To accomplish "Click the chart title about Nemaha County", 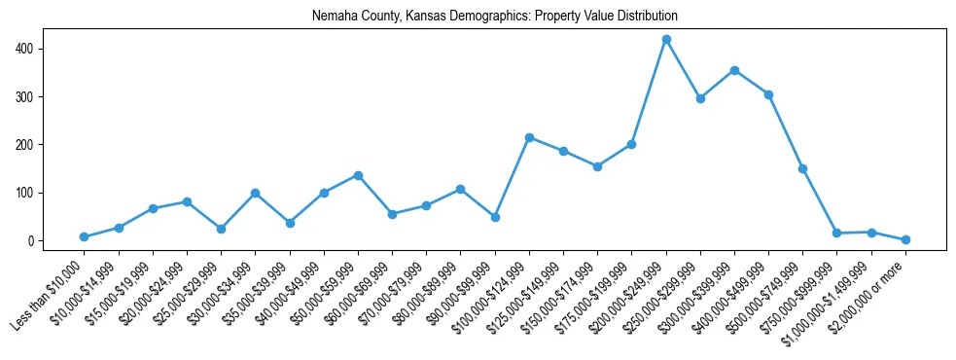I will click(494, 17).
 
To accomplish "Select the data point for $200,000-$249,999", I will click(666, 40).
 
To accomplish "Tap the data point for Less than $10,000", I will click(85, 236).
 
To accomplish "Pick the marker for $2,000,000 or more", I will click(905, 239).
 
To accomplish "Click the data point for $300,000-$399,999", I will click(734, 70).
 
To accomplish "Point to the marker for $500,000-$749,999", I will click(803, 168).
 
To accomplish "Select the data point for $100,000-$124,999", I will click(529, 137).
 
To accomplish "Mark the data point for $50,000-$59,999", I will click(358, 175).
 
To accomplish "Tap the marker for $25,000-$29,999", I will click(221, 229).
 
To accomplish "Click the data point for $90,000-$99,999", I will click(495, 217).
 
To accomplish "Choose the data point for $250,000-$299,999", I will click(700, 98).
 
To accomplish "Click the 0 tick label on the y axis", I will click(31, 241).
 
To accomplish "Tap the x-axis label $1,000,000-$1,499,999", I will click(831, 295).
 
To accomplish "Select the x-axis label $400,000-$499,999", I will click(730, 293).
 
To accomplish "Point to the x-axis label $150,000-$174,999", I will click(557, 293).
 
